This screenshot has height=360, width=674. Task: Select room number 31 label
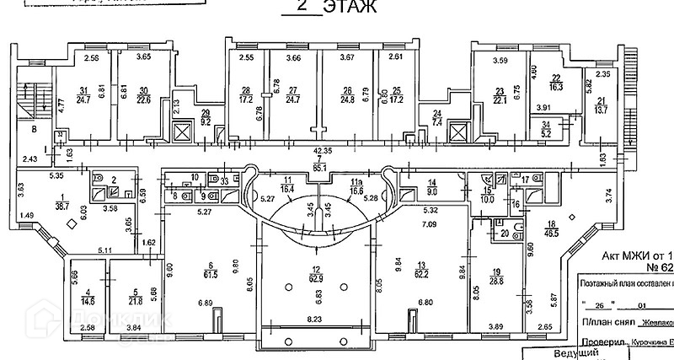point(83,90)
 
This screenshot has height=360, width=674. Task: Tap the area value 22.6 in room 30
point(144,99)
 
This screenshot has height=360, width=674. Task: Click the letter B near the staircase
point(34,131)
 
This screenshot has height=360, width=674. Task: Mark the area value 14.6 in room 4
point(88,298)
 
